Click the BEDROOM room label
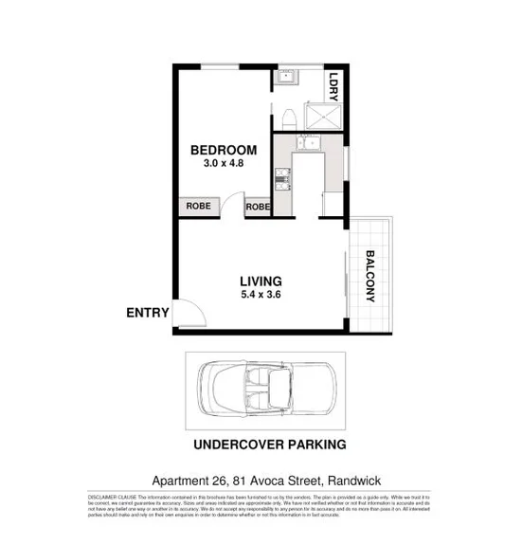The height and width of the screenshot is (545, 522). pos(224,150)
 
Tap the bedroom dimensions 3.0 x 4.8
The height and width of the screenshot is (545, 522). pos(224,164)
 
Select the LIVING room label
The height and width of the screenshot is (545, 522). pos(261,281)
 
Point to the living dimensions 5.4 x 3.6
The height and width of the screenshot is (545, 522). pos(261,295)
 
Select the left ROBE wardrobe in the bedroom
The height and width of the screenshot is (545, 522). pos(198,206)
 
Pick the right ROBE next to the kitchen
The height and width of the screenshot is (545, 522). pos(258,206)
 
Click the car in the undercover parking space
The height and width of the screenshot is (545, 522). pos(267,388)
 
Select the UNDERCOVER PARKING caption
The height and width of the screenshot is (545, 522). pos(269,444)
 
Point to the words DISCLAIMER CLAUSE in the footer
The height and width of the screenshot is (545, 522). pos(115,496)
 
